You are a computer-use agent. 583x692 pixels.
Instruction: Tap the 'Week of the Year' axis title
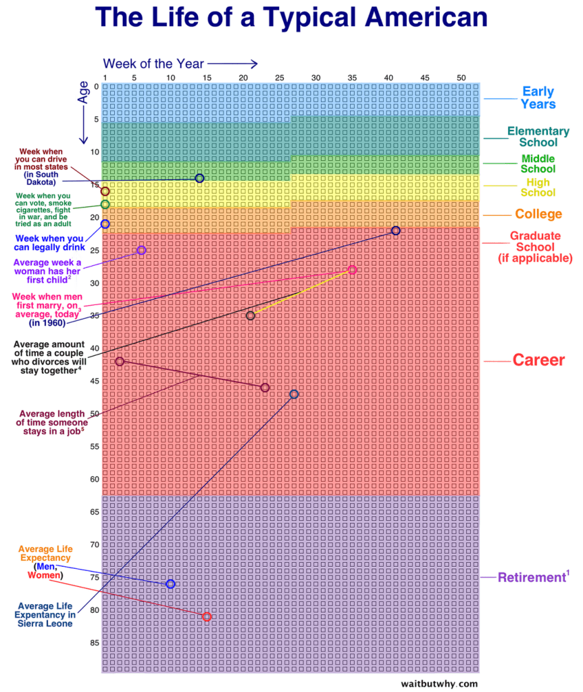click(153, 64)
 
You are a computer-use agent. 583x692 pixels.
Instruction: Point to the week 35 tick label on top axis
click(352, 78)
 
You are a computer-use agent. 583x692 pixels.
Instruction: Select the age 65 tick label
click(95, 512)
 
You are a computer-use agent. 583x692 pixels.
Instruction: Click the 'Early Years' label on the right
click(538, 98)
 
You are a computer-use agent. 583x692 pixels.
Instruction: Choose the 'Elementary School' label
click(538, 137)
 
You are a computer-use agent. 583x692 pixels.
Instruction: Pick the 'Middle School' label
click(538, 164)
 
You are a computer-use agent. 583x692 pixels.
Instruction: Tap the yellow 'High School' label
click(538, 187)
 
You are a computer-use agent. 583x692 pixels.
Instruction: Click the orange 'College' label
click(538, 214)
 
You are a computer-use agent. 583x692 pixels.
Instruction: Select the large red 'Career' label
click(538, 360)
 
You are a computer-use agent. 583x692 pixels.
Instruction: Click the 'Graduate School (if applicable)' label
click(535, 247)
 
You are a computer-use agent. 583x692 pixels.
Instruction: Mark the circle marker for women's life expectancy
click(207, 616)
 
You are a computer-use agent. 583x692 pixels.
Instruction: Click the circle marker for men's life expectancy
click(170, 584)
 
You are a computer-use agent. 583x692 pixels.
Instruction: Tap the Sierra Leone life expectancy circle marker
click(294, 394)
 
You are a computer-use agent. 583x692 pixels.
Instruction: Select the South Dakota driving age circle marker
click(199, 178)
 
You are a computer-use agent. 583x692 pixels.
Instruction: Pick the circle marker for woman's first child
click(141, 250)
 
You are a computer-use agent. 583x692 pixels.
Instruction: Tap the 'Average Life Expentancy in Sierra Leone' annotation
click(45, 615)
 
